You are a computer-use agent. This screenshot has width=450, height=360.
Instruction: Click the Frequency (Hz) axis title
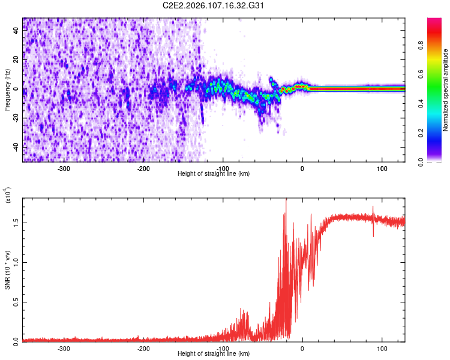coord(7,90)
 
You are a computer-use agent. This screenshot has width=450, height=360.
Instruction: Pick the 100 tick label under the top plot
coord(382,168)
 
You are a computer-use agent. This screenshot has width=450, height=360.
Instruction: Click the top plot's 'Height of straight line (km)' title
coord(214,173)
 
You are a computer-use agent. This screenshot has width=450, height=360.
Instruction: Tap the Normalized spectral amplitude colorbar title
coord(445,90)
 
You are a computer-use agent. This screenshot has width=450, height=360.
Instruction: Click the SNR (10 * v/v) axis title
coord(8,270)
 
